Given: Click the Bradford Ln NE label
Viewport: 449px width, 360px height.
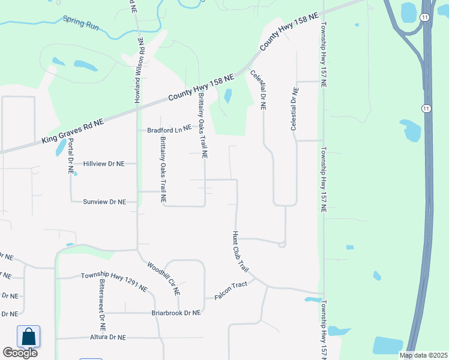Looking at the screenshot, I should click(x=169, y=129).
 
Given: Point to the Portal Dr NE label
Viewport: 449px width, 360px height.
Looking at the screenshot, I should click(x=71, y=156).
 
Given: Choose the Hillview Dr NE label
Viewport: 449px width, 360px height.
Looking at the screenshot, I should click(x=104, y=163).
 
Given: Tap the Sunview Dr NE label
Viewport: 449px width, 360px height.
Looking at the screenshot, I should click(x=104, y=202).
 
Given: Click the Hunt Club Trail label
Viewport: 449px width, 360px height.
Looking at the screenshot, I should click(x=240, y=250).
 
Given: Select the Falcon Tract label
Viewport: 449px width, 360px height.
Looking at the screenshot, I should click(x=231, y=284).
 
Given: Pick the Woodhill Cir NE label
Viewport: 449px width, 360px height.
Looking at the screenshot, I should click(x=163, y=277).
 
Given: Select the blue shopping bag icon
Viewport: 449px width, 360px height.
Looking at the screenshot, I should click(x=28, y=337).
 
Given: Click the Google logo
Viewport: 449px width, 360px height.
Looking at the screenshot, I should click(x=20, y=353).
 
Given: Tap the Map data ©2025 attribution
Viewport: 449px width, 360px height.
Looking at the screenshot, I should click(x=423, y=355).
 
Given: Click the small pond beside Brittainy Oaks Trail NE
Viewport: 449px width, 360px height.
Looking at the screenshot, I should click(x=228, y=96).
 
